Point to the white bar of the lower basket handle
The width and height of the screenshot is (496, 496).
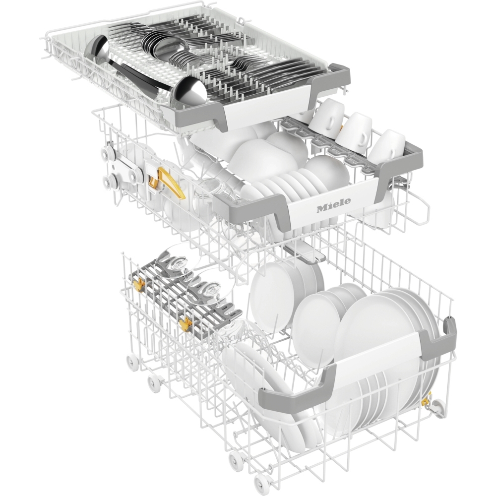(x=372, y=355)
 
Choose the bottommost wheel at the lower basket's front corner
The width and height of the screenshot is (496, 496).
(x=261, y=480)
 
